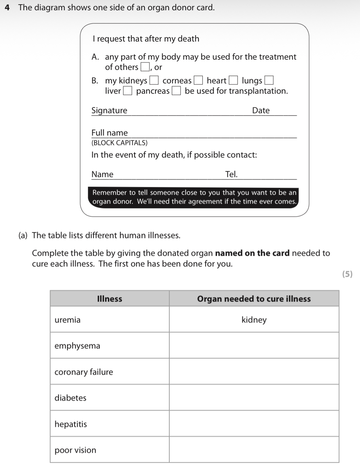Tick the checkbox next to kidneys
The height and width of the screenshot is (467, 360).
pyautogui.click(x=154, y=81)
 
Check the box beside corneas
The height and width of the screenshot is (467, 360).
pyautogui.click(x=198, y=81)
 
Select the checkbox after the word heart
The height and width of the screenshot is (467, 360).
pyautogui.click(x=233, y=81)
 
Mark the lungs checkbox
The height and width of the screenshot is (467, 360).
pyautogui.click(x=269, y=81)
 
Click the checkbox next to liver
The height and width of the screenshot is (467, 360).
pyautogui.click(x=127, y=91)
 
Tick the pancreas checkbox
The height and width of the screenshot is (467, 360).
pyautogui.click(x=176, y=91)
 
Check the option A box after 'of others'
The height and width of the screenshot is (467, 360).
pyautogui.click(x=145, y=67)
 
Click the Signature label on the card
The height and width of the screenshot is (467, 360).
pyautogui.click(x=109, y=110)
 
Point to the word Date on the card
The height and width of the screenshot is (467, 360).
pyautogui.click(x=261, y=110)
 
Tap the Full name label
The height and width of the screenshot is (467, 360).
pyautogui.click(x=109, y=133)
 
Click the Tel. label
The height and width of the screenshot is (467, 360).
pyautogui.click(x=231, y=174)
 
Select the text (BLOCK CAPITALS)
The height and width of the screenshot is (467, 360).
pyautogui.click(x=119, y=143)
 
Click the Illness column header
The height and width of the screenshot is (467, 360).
pyautogui.click(x=109, y=299)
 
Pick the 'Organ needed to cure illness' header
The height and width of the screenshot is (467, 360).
pyautogui.click(x=254, y=299)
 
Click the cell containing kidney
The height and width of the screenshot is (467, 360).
pyautogui.click(x=254, y=320)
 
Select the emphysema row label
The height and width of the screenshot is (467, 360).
pyautogui.click(x=77, y=346)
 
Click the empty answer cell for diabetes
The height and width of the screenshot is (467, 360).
pyautogui.click(x=254, y=397)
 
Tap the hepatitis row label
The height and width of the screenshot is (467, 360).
pyautogui.click(x=71, y=424)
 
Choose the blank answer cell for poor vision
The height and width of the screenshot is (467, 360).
pyautogui.click(x=254, y=450)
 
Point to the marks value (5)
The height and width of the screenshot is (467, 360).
pyautogui.click(x=347, y=274)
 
